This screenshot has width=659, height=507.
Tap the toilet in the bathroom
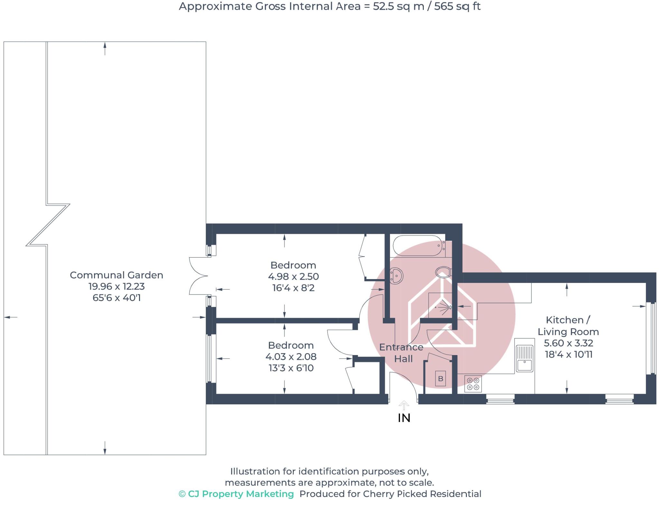[x=443, y=272]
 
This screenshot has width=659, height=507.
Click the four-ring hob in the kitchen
[x=473, y=384]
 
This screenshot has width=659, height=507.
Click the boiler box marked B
[x=441, y=379]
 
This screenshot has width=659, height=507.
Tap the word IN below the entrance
[x=404, y=418]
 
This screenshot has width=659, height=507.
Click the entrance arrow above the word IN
[x=404, y=405]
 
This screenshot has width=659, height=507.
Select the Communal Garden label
[x=116, y=275]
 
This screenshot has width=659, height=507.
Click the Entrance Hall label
[x=402, y=353]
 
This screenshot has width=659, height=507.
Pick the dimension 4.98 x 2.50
[x=293, y=277]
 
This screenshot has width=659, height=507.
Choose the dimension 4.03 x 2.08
[x=291, y=357]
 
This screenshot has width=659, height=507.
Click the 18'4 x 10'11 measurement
[x=569, y=354]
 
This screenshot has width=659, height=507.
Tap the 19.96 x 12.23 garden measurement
[x=116, y=286]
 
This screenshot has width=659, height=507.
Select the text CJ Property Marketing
[x=240, y=494]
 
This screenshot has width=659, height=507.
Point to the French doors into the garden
[x=198, y=276]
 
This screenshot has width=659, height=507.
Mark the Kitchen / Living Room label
[x=568, y=326]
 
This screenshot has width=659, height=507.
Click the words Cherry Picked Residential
[x=422, y=494]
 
